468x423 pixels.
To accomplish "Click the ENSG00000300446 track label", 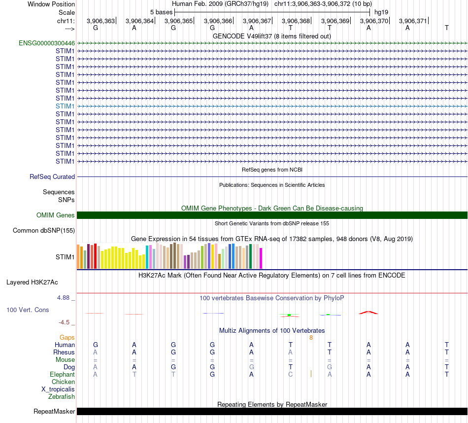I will (47, 43).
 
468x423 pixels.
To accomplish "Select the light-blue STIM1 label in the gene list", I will (65, 106).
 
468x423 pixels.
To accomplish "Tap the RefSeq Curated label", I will (52, 176).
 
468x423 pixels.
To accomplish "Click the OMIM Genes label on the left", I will (56, 215).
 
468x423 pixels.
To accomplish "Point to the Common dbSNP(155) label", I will (44, 230).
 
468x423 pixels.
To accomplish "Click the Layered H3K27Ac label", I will (32, 282).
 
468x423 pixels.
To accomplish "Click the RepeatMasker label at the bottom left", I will (54, 411).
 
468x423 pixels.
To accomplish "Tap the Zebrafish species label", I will (62, 396).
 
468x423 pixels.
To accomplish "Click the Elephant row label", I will (63, 374).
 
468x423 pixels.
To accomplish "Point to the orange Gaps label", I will (67, 337).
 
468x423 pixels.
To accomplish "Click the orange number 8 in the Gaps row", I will (311, 337).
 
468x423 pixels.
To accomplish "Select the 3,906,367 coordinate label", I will (257, 21).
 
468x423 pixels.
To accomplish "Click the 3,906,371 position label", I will (413, 21).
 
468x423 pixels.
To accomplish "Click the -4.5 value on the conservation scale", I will (64, 322).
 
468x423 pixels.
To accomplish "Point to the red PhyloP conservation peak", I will (368, 312).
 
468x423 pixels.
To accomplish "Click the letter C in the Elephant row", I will (291, 374).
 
